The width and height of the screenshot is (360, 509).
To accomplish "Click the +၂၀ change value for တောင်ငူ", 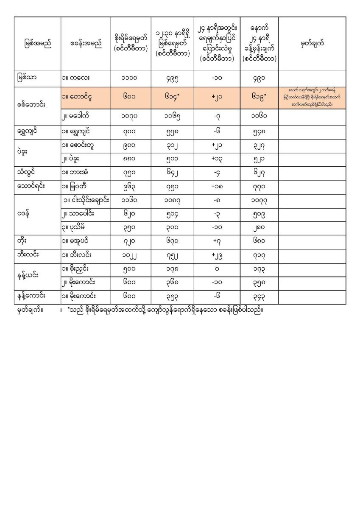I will click(217, 98).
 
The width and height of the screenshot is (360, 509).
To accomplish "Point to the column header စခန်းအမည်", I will click(86, 44).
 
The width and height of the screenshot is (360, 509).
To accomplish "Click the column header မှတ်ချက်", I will click(312, 44).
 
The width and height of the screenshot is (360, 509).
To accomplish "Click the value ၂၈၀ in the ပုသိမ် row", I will click(259, 228).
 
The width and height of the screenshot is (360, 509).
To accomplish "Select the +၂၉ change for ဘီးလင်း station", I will click(217, 256).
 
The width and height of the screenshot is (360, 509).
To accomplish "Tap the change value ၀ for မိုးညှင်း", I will click(217, 269).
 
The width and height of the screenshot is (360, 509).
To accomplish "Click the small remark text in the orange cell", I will click(312, 98).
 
